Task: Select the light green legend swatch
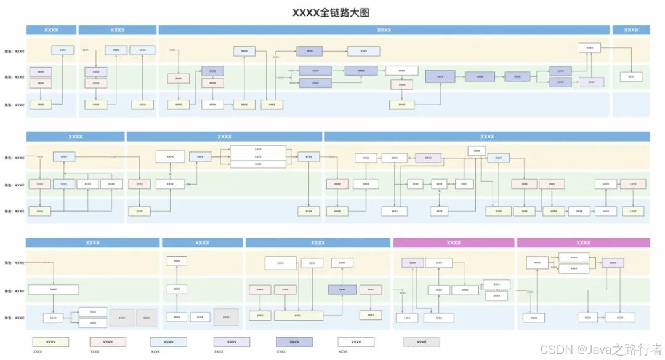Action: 51,342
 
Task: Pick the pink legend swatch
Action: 108,342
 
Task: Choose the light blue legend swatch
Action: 169,342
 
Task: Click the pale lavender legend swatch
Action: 232,342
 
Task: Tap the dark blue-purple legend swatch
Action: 294,342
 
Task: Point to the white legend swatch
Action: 356,342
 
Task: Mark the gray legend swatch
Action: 422,342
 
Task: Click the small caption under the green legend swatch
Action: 38,352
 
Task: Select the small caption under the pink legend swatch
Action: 95,352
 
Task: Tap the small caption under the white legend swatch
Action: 343,352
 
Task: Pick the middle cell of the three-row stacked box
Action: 258,156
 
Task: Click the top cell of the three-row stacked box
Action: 258,149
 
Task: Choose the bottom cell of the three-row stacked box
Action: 258,164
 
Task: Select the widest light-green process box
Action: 298,315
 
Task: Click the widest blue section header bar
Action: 384,30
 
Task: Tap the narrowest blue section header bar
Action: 631,30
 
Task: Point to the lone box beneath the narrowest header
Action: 631,77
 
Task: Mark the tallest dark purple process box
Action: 440,77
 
